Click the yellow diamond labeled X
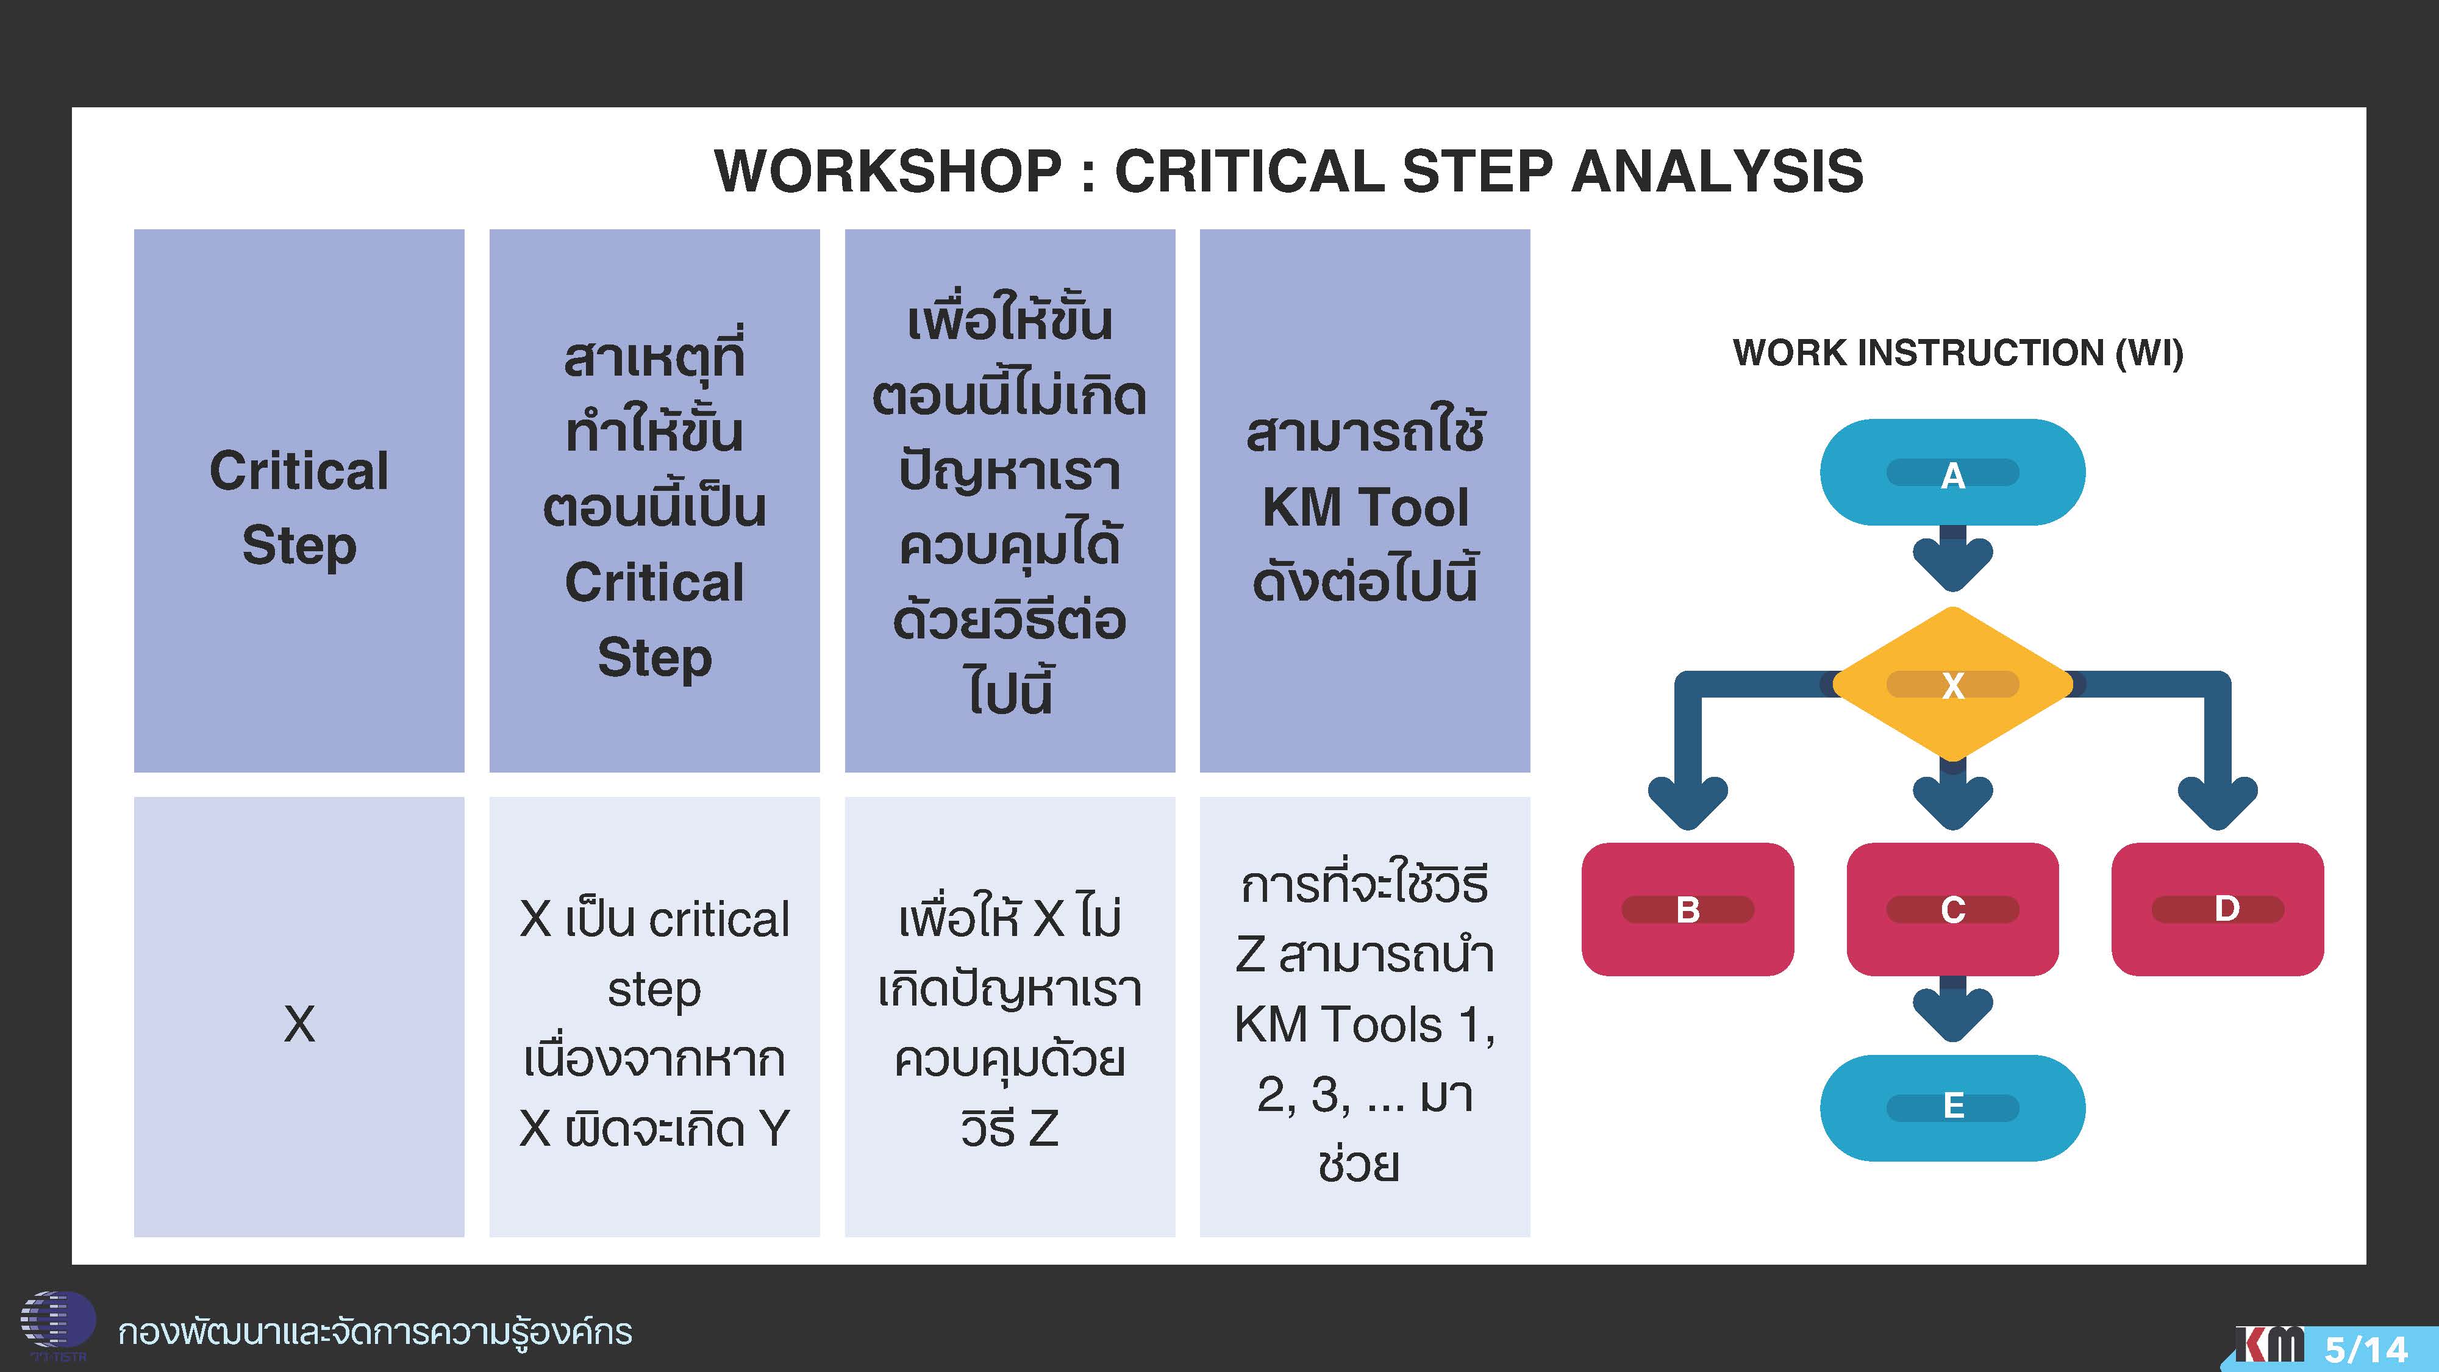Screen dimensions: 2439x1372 tap(1952, 684)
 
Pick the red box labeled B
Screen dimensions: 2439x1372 tap(1687, 909)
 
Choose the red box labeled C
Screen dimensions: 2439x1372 tap(1952, 909)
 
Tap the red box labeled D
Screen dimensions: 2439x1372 tap(2218, 909)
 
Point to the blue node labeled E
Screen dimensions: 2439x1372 tap(1952, 1107)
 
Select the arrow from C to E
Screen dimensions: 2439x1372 tap(1952, 1009)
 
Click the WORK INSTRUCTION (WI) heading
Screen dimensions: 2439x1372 tap(1958, 352)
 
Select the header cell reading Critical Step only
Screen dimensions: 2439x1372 tap(299, 501)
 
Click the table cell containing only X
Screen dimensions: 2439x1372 tap(299, 1017)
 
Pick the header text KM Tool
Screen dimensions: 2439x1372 tap(1365, 507)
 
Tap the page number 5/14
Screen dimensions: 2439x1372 tap(2367, 1348)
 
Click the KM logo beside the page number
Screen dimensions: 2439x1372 tap(2269, 1345)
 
